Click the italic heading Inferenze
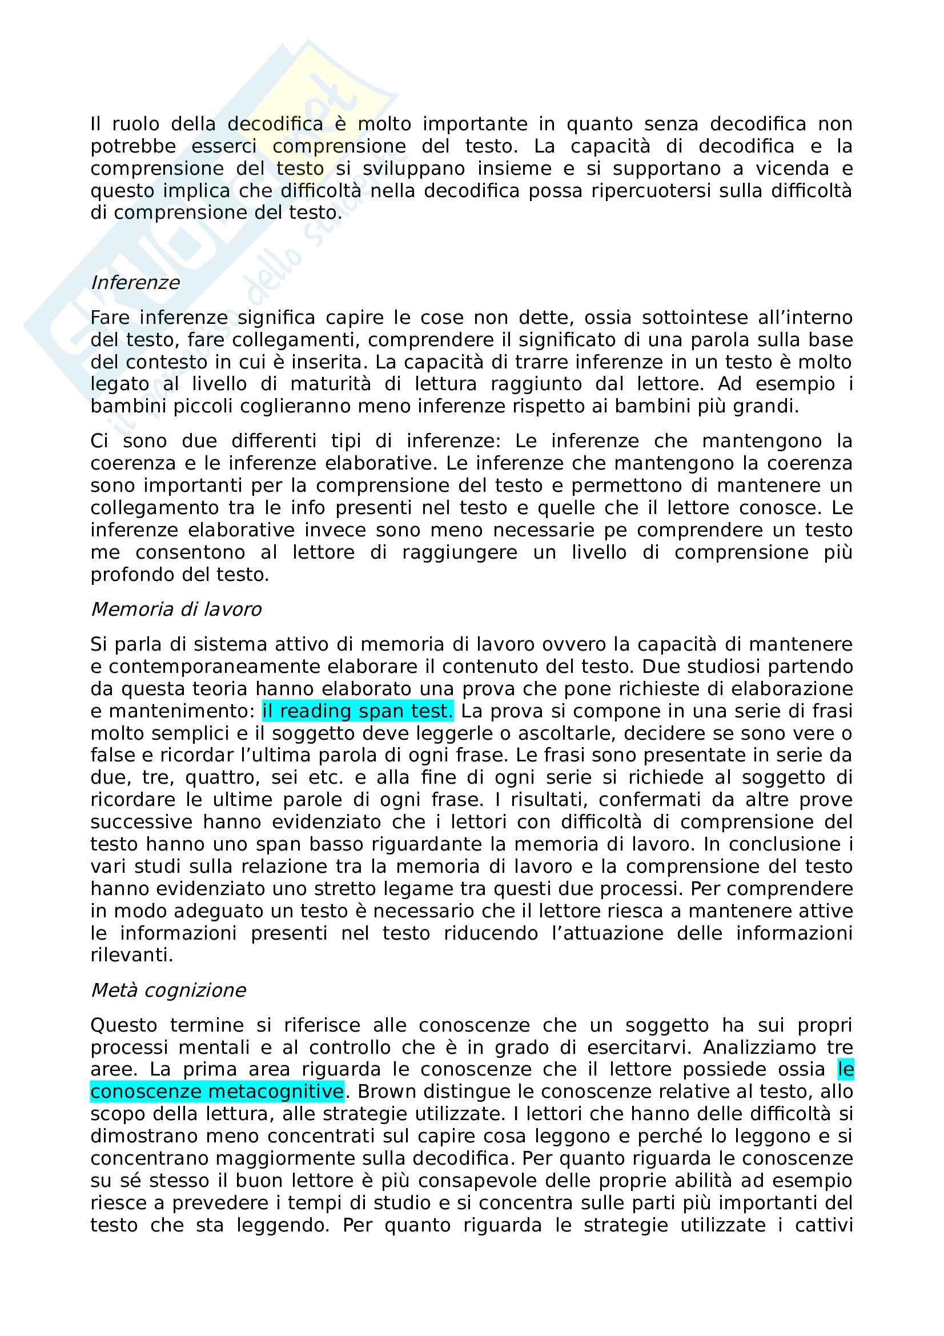(x=135, y=283)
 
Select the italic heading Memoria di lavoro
(x=176, y=609)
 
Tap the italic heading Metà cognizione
(x=168, y=990)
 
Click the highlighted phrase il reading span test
(x=357, y=711)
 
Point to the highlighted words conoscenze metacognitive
(x=217, y=1092)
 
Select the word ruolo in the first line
(x=135, y=124)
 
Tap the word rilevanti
(x=131, y=956)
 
